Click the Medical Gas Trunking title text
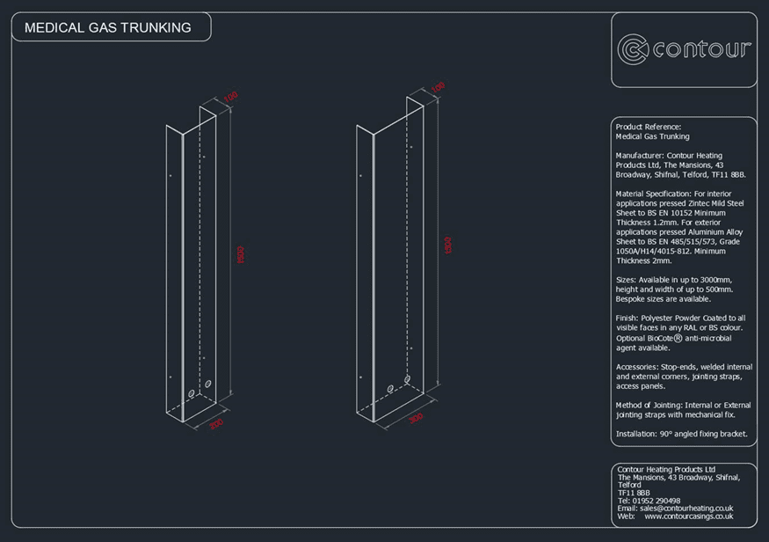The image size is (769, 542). pos(107,27)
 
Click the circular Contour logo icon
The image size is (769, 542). pos(633,49)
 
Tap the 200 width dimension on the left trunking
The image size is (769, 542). pos(216,424)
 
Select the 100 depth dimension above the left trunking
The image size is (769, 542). pos(230,97)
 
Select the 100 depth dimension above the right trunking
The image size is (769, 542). pos(438,87)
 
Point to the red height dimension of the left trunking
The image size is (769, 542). pos(240,254)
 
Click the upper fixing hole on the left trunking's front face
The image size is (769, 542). pos(170,176)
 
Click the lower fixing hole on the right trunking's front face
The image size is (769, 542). pos(359,375)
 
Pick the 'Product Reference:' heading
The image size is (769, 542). pos(649,128)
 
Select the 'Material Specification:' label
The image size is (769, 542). pos(653,194)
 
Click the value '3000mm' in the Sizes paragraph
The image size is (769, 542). pos(713,280)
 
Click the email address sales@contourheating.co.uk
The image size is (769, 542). pos(688,509)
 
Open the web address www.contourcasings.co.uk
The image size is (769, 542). pos(688,516)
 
